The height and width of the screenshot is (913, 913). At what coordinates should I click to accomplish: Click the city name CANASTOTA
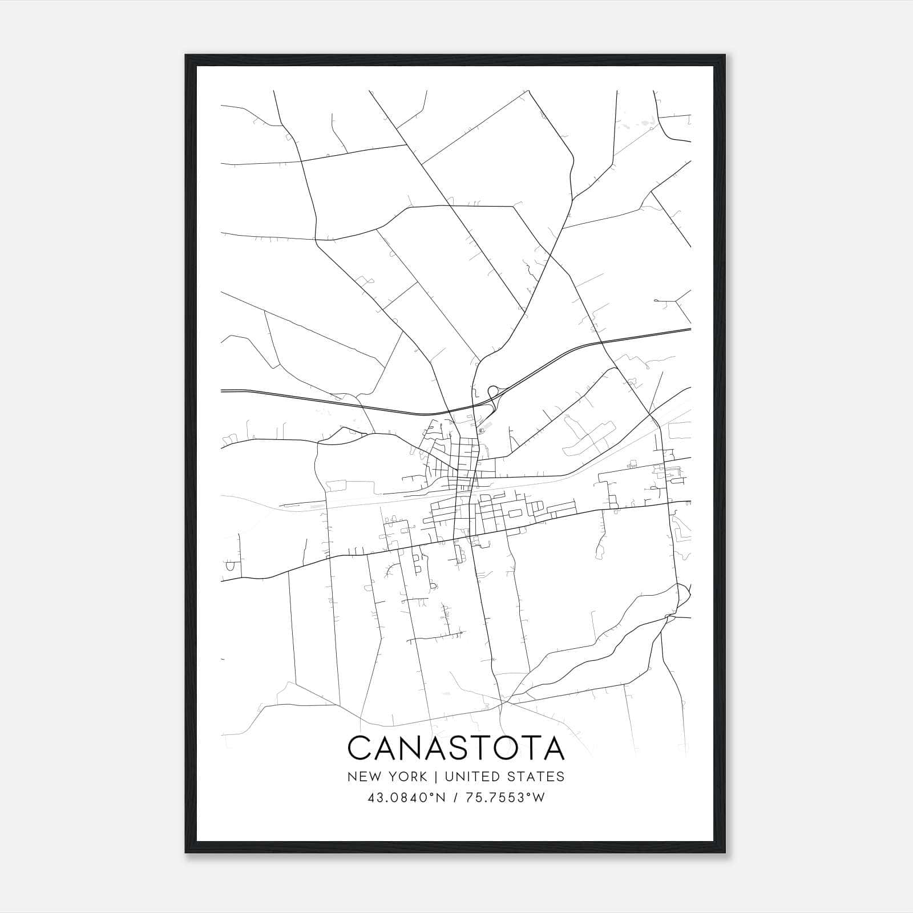point(456,748)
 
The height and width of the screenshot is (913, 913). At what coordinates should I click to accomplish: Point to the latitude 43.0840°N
point(406,798)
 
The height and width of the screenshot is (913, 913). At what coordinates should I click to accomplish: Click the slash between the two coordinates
point(455,798)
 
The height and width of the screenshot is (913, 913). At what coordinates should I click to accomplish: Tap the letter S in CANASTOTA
point(460,748)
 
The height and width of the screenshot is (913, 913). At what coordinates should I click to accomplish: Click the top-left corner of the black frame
point(186,55)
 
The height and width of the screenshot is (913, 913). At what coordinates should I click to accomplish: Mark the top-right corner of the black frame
point(725,55)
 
